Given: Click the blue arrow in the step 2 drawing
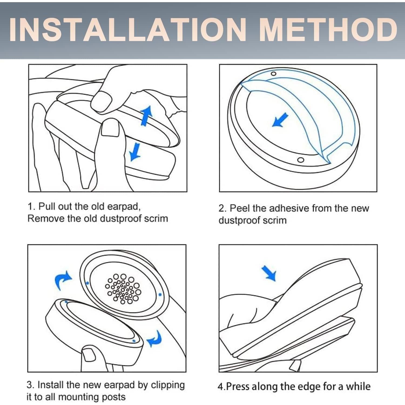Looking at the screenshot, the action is [280, 120].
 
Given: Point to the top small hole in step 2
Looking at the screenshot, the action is [274, 74].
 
